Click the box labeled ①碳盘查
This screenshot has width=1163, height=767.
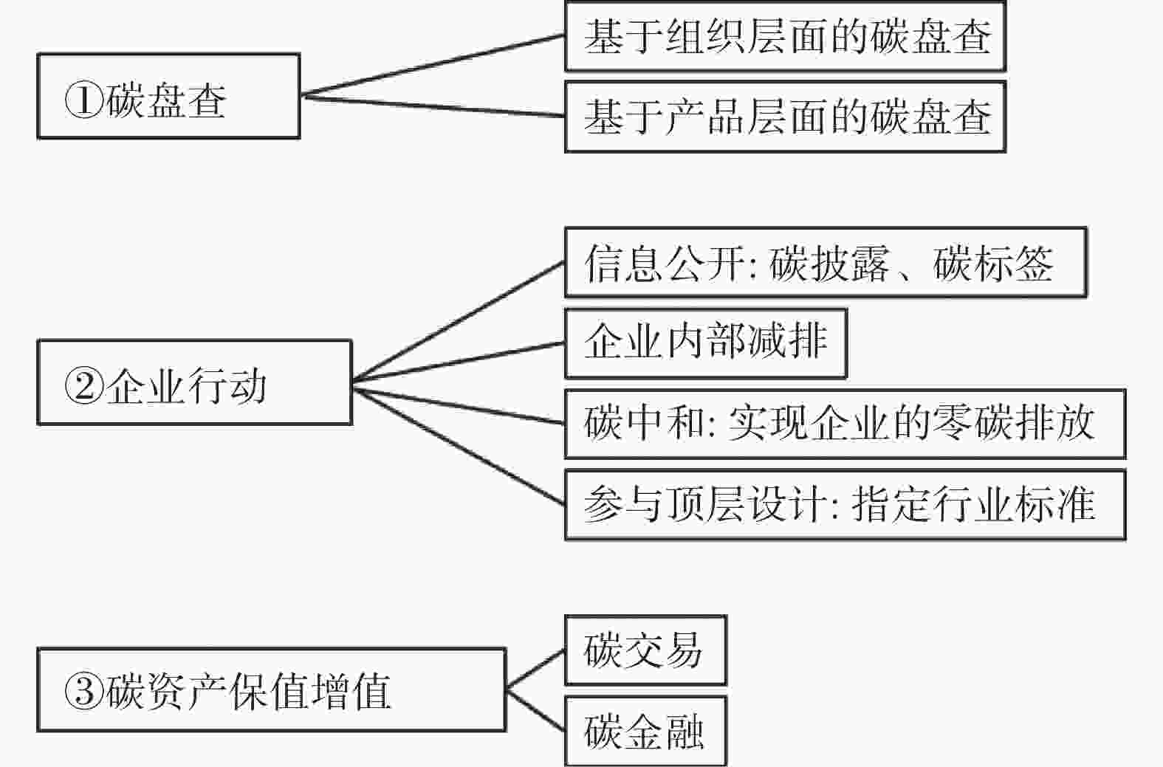[169, 96]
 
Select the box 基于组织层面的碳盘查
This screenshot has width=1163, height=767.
[786, 36]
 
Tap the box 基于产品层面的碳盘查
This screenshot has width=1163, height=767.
[786, 117]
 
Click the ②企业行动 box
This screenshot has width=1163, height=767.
[195, 382]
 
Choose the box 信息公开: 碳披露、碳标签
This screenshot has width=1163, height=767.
[826, 263]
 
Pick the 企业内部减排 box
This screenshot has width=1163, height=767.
[706, 343]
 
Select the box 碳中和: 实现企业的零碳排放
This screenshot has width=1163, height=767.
[845, 424]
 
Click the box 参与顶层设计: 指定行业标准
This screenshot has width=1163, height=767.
[845, 505]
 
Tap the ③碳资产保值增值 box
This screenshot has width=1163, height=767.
[272, 689]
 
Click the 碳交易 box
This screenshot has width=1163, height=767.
[646, 650]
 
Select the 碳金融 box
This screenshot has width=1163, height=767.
[646, 731]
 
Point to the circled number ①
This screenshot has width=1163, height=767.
[84, 100]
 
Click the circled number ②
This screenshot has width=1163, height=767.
[84, 386]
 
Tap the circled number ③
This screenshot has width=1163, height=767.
[84, 692]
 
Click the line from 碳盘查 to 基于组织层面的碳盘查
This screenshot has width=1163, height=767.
[433, 66]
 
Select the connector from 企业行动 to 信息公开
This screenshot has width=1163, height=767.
[459, 322]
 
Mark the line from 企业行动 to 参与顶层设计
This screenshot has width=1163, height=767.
[459, 447]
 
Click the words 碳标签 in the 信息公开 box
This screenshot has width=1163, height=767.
[993, 264]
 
